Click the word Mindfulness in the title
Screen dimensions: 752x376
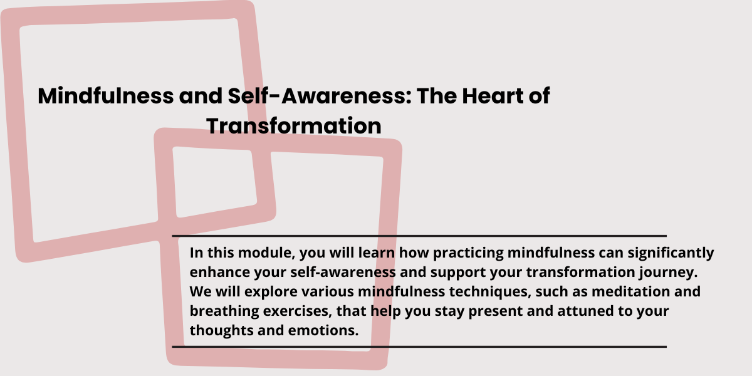pos(106,96)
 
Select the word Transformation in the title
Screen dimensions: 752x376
pos(294,127)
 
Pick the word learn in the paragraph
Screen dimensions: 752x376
pos(377,253)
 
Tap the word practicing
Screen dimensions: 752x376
pos(468,253)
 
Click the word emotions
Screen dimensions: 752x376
pos(323,331)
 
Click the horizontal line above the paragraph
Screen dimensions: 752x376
pos(419,236)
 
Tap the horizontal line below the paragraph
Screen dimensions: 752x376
pos(419,347)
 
